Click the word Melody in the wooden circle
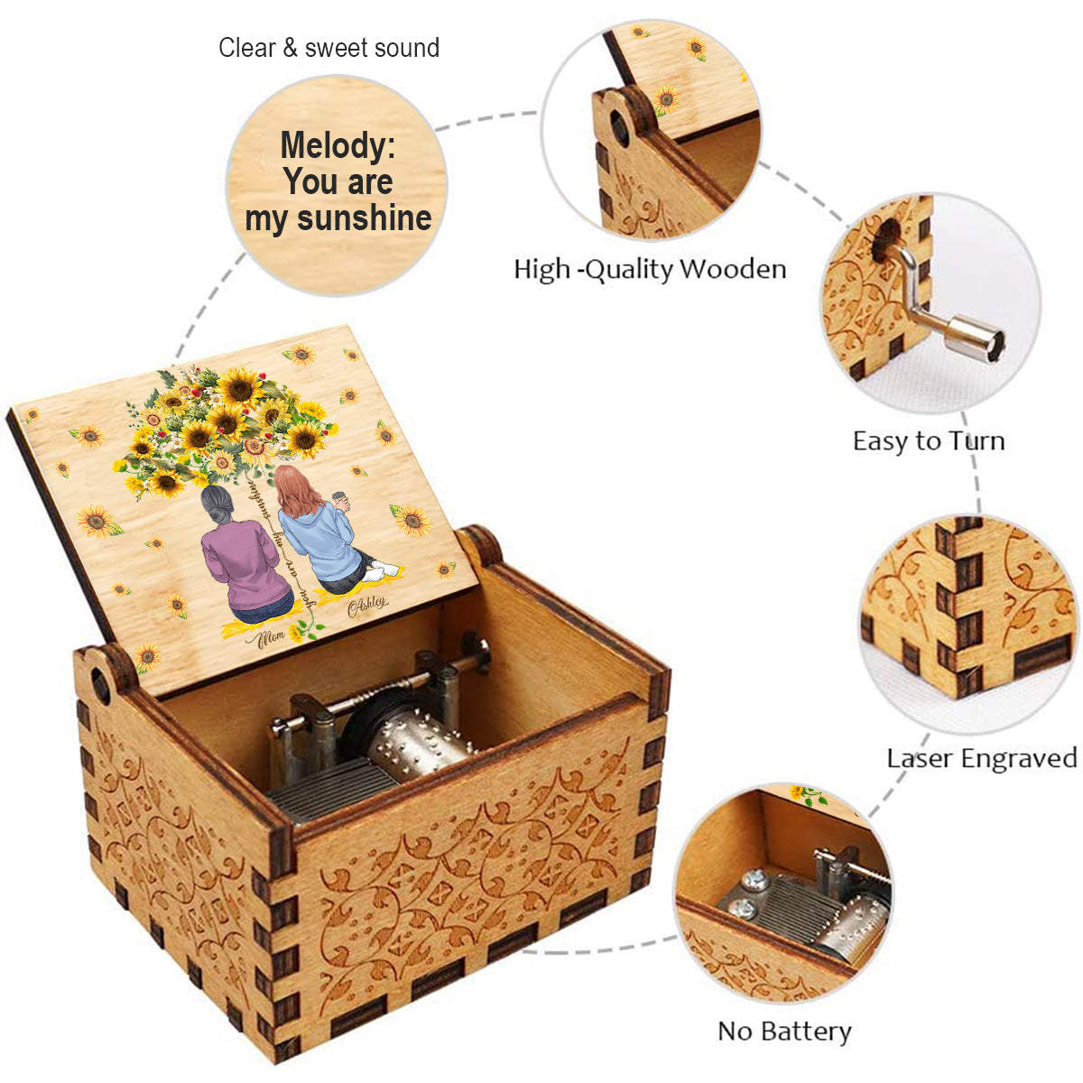pos(337,145)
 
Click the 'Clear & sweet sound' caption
pos(329,48)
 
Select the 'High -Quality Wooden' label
pos(650,268)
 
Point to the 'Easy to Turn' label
pos(929,440)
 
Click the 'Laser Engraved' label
pos(982,757)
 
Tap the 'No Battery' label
pos(784,1031)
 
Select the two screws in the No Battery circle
pos(746,893)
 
